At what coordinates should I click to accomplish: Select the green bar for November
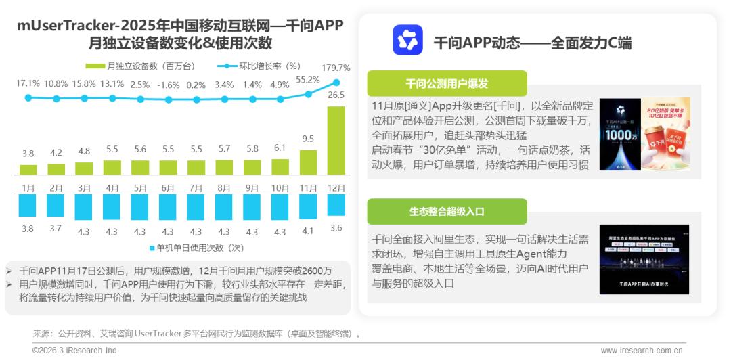pos(308,162)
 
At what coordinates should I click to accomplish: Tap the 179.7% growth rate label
pos(336,68)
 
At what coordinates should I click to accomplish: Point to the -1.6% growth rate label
pos(169,85)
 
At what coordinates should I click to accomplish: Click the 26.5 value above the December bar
pos(336,95)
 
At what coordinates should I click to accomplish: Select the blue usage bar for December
pos(336,205)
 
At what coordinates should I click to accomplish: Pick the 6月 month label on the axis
pos(169,187)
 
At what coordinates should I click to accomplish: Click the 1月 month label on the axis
pos(28,187)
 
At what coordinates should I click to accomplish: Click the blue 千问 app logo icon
pos(407,40)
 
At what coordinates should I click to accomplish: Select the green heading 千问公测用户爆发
pos(447,84)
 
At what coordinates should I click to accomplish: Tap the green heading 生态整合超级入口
pos(447,211)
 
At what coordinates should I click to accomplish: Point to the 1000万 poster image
pos(618,134)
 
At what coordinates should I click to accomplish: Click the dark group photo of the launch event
pos(644,258)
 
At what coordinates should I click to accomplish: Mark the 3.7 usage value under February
pos(56,229)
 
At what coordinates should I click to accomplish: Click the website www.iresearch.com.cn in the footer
pos(642,351)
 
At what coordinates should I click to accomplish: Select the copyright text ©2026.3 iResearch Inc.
pos(75,351)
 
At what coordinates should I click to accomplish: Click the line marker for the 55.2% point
pos(308,94)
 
